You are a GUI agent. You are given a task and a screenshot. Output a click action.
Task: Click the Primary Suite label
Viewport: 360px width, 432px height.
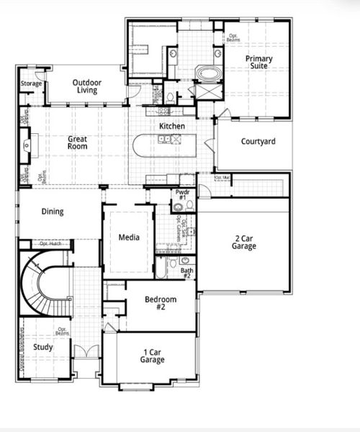tap(258, 63)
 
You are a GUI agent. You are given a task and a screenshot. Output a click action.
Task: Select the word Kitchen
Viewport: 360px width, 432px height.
tap(172, 126)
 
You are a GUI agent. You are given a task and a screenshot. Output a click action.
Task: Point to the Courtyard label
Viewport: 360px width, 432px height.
tap(258, 142)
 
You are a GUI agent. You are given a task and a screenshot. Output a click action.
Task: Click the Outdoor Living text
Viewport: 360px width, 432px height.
tap(96, 86)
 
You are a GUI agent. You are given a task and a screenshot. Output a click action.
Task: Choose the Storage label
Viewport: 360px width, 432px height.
tap(31, 84)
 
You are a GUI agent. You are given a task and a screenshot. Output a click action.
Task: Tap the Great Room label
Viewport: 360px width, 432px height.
tap(78, 143)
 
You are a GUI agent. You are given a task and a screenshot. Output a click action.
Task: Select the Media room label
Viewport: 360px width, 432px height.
tap(129, 237)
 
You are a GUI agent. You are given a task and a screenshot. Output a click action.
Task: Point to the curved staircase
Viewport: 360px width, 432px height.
tap(43, 288)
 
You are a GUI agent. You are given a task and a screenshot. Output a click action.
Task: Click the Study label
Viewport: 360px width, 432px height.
tap(42, 347)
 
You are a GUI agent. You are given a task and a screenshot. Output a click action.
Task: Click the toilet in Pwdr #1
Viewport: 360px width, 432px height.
tap(177, 208)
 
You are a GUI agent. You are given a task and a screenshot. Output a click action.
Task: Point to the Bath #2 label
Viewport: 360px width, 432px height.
tap(186, 273)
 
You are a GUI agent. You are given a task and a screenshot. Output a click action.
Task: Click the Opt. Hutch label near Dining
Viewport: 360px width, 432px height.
tap(50, 244)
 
